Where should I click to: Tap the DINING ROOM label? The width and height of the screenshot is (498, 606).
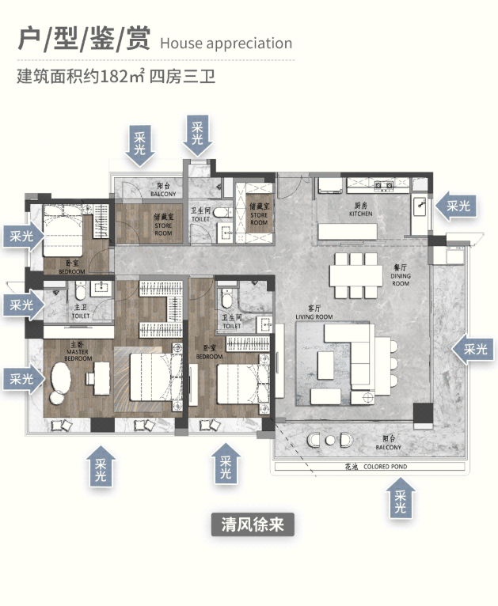(400, 278)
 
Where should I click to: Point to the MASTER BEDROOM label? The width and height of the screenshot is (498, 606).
(78, 352)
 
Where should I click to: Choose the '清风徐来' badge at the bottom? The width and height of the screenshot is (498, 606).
(253, 524)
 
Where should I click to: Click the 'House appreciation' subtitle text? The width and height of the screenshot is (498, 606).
(226, 44)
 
